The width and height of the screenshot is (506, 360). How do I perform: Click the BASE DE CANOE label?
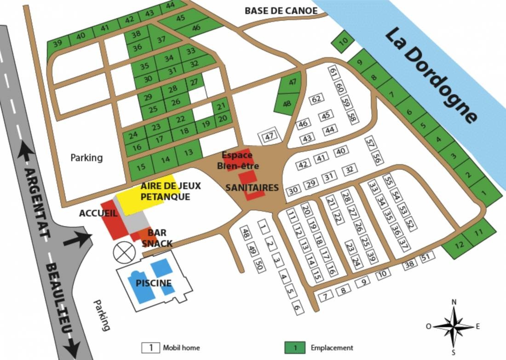pyautogui.click(x=281, y=11)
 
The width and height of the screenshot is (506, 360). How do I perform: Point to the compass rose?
pyautogui.click(x=454, y=327)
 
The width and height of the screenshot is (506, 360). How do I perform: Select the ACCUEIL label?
pyautogui.click(x=96, y=213)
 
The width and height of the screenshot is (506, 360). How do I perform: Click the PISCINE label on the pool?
pyautogui.click(x=153, y=283)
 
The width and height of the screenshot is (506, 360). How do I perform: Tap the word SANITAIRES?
pyautogui.click(x=252, y=188)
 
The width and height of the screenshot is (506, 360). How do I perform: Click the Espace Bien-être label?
pyautogui.click(x=240, y=160)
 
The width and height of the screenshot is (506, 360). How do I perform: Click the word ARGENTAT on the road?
pyautogui.click(x=33, y=202)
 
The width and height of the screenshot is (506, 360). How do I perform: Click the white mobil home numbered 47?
pyautogui.click(x=269, y=136)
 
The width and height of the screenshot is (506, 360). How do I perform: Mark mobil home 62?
pyautogui.click(x=316, y=99)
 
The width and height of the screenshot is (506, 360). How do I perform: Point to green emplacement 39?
pyautogui.click(x=57, y=44)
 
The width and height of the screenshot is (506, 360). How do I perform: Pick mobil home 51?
pyautogui.click(x=425, y=257)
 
